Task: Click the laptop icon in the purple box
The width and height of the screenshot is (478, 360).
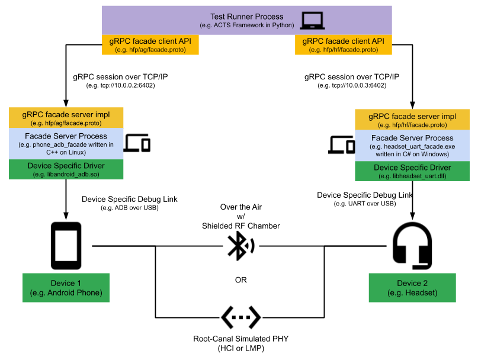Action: (x=312, y=20)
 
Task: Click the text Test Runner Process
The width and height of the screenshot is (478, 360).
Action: (x=246, y=17)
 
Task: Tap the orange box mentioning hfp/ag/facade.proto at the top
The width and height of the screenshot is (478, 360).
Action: (x=150, y=45)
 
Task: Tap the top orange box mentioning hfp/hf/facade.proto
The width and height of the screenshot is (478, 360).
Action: (x=343, y=45)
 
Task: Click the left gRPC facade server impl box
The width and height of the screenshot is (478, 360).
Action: (x=66, y=118)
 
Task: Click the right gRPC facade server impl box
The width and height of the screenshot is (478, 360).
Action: (x=412, y=120)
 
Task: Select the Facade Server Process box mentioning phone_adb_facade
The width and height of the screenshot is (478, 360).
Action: (x=66, y=143)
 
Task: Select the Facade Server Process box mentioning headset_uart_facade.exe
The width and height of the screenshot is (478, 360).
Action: (x=412, y=146)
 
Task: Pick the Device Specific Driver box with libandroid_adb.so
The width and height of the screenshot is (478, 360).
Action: (x=66, y=169)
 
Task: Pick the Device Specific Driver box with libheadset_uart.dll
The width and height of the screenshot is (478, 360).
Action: (x=412, y=172)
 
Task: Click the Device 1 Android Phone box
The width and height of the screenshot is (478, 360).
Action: (x=66, y=288)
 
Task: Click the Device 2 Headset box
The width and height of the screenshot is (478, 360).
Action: (x=412, y=288)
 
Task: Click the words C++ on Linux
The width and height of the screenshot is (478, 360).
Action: (x=66, y=152)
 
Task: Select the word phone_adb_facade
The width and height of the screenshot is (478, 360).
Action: (x=62, y=144)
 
